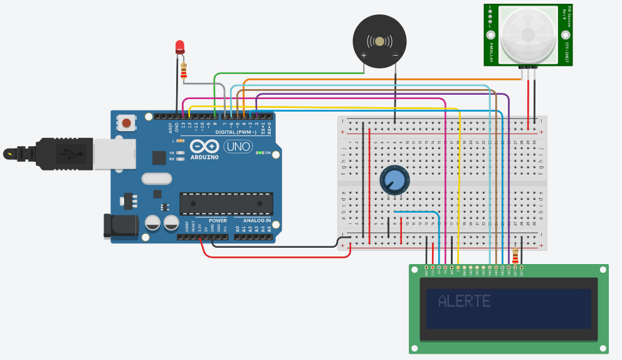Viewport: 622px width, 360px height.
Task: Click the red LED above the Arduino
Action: point(180,46)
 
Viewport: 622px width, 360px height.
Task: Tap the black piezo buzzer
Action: point(379,41)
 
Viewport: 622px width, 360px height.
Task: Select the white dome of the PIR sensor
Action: point(530,34)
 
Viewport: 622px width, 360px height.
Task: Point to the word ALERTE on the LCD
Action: point(464,301)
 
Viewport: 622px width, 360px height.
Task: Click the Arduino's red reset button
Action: point(127,122)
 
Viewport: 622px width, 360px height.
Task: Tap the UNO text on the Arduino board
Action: point(238,147)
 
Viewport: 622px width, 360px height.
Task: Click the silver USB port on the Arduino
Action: point(115,154)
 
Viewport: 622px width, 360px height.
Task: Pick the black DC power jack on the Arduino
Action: point(120,226)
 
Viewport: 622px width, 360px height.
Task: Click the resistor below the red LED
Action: point(184,70)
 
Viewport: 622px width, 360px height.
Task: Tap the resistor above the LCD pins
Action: point(516,256)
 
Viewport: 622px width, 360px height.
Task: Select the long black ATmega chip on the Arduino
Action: point(226,203)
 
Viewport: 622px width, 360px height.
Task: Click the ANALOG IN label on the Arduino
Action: point(257,221)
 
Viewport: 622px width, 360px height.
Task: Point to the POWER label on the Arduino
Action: point(218,221)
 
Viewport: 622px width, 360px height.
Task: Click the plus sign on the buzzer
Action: point(364,56)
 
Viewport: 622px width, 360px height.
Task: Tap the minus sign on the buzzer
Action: point(395,56)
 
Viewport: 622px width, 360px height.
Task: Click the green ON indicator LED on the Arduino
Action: point(259,153)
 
